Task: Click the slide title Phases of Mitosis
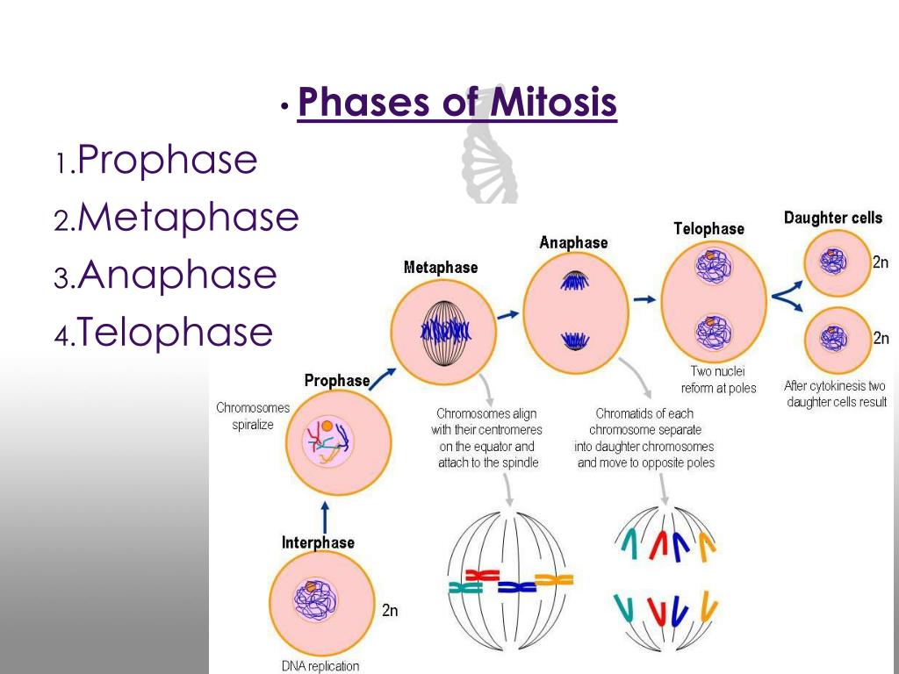(457, 104)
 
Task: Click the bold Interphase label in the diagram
(318, 542)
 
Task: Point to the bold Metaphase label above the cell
(441, 268)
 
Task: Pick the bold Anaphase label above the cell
(573, 242)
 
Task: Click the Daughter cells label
(833, 218)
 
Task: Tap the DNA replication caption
(320, 666)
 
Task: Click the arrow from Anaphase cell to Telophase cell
(644, 299)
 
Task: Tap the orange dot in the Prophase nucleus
(327, 427)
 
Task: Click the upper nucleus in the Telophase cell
(708, 266)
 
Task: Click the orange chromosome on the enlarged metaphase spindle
(554, 579)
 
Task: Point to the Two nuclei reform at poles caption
(718, 380)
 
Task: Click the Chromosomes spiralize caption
(253, 416)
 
